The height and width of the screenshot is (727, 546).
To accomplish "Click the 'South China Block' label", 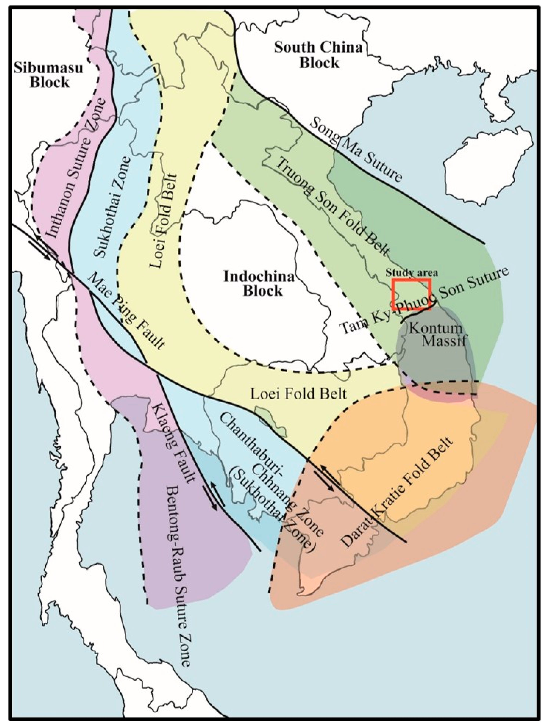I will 318,55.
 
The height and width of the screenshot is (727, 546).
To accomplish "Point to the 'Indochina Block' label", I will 259,284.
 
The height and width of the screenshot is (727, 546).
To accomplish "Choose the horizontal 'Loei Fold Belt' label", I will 298,393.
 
